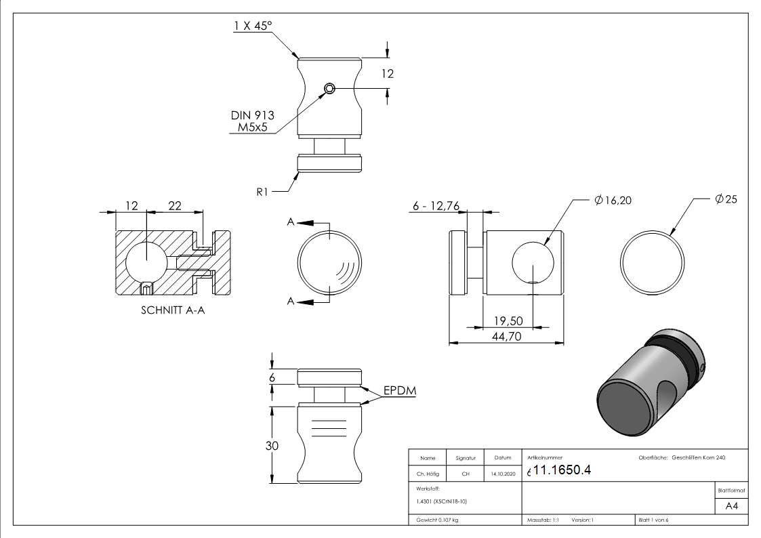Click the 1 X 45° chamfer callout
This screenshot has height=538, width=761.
point(253,26)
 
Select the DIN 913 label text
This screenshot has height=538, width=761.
point(251,116)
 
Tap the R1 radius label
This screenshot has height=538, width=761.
point(264,192)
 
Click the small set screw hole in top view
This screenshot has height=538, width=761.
point(329,88)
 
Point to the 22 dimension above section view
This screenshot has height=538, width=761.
point(174,205)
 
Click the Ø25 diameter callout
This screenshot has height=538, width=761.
point(725,199)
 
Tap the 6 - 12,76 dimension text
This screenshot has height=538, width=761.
point(436,206)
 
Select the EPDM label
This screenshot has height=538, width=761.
point(399,391)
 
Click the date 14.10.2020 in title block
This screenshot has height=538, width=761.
point(502,474)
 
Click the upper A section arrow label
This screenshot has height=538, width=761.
point(290,222)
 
